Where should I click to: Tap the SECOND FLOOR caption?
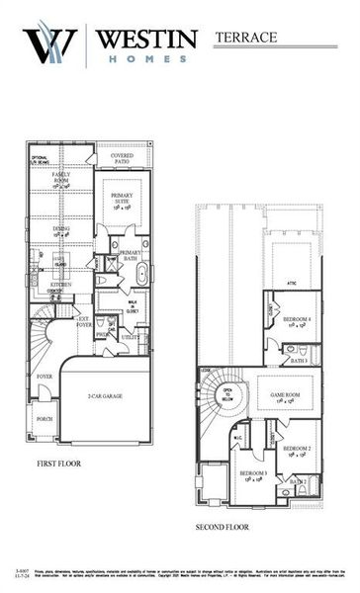click(223, 527)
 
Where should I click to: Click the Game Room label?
click(285, 391)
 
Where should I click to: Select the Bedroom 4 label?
click(297, 321)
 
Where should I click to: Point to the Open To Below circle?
click(227, 392)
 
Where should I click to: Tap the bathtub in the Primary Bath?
click(138, 275)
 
